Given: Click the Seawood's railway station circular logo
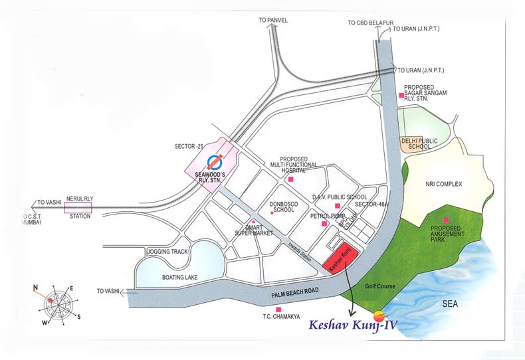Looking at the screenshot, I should coord(215,161).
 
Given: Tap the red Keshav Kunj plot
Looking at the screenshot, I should coord(341,259).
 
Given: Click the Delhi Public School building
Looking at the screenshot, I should coord(415,143).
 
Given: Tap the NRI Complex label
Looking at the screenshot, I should coord(443,184).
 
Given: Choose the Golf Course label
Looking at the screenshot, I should coord(381,286).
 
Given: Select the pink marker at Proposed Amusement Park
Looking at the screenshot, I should coord(447,220).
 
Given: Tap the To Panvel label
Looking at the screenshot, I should coord(273,21).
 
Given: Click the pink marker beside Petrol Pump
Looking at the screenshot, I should coord(324,225).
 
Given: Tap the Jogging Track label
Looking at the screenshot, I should coord(167,252).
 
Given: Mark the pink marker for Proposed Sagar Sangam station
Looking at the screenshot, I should coord(401,96).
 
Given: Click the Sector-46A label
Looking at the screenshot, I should coord(369,205).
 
